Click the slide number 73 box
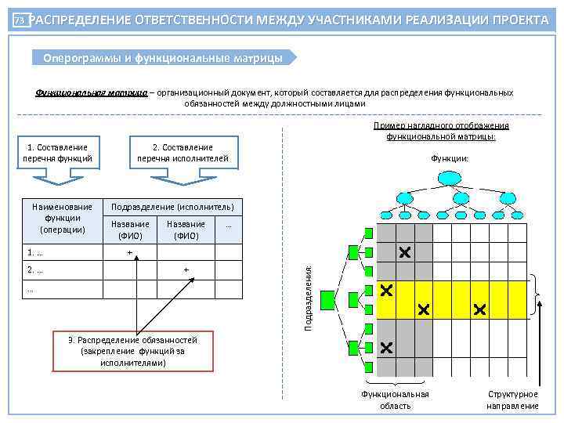[x=20, y=21]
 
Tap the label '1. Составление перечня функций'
[x=58, y=153]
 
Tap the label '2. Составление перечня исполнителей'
[x=183, y=153]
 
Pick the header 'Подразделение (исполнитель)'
[x=173, y=206]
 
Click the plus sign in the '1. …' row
[x=129, y=252]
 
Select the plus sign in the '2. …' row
[x=186, y=269]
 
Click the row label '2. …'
[x=35, y=269]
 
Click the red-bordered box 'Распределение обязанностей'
[x=132, y=351]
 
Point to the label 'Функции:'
[x=450, y=158]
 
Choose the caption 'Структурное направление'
[x=512, y=399]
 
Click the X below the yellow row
[x=385, y=347]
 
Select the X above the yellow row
[x=404, y=252]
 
